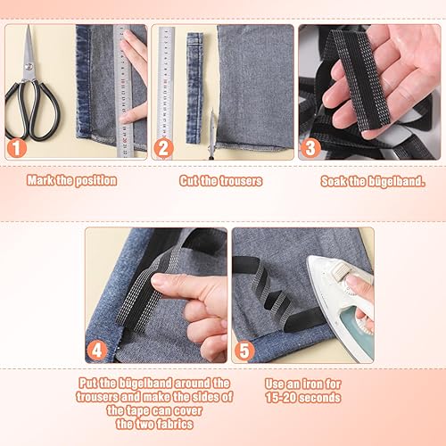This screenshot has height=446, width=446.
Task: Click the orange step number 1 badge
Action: (17, 148)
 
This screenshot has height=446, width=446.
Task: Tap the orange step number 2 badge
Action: (163, 148)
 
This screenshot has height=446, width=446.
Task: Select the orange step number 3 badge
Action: (310, 148)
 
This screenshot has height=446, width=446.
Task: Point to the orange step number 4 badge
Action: (97, 351)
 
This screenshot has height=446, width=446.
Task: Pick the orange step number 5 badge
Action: (244, 351)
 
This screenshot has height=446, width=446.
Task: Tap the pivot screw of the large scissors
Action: (29, 67)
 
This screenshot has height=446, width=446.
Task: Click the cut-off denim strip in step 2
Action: (194, 88)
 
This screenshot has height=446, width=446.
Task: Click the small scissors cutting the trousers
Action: (211, 134)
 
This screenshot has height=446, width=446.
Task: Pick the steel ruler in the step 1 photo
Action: (123, 91)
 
